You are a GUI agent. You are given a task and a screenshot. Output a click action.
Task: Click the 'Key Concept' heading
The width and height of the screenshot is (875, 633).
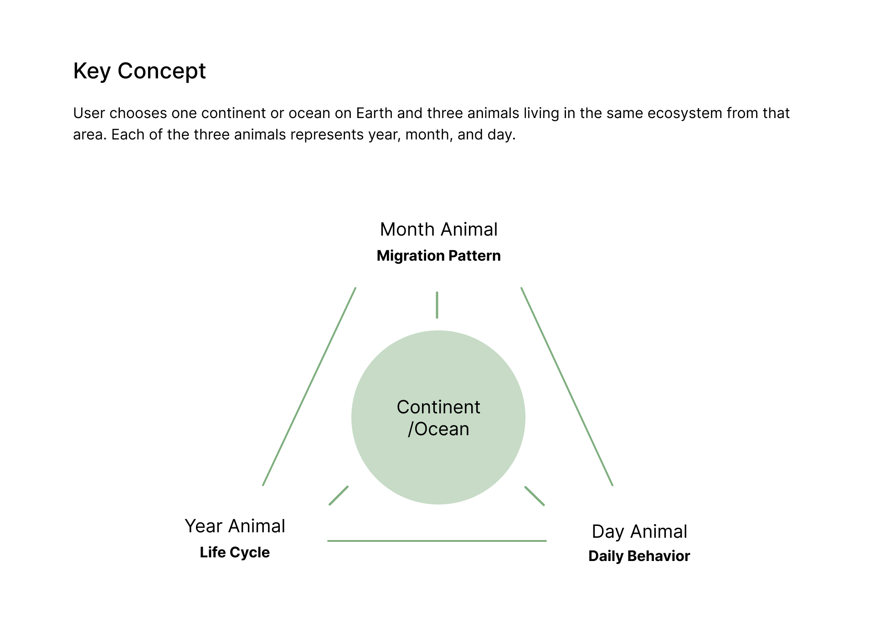139,71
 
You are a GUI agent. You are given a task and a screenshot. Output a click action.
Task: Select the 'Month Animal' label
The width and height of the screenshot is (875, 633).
438,229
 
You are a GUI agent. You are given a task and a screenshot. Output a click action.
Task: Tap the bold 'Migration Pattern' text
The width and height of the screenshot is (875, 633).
438,256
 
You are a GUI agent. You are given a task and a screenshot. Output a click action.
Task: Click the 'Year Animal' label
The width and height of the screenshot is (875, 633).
235,526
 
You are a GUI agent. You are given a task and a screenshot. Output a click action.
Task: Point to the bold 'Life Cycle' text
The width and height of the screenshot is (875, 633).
235,552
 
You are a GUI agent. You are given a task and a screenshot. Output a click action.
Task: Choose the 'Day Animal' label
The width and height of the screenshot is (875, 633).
639,531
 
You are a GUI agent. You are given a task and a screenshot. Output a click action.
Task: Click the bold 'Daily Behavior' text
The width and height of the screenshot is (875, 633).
639,556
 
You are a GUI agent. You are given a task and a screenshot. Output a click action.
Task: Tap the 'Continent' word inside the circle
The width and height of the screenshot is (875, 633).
438,407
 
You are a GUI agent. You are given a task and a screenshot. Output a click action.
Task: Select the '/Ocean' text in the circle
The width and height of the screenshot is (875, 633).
438,429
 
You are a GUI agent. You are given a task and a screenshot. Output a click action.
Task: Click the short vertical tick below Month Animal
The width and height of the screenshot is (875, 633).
437,305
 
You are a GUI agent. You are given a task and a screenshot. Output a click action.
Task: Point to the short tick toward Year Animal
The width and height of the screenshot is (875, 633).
339,495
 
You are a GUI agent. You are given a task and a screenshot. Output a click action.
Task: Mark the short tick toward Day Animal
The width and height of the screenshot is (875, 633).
535,496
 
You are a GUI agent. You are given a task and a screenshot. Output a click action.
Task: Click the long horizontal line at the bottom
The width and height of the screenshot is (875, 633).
437,541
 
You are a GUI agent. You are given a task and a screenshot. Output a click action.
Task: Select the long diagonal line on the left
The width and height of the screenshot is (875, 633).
309,386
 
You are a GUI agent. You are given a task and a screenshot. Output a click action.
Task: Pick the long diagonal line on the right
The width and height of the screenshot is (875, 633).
567,386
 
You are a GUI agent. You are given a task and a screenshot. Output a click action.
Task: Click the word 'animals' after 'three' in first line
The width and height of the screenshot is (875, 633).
494,113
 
